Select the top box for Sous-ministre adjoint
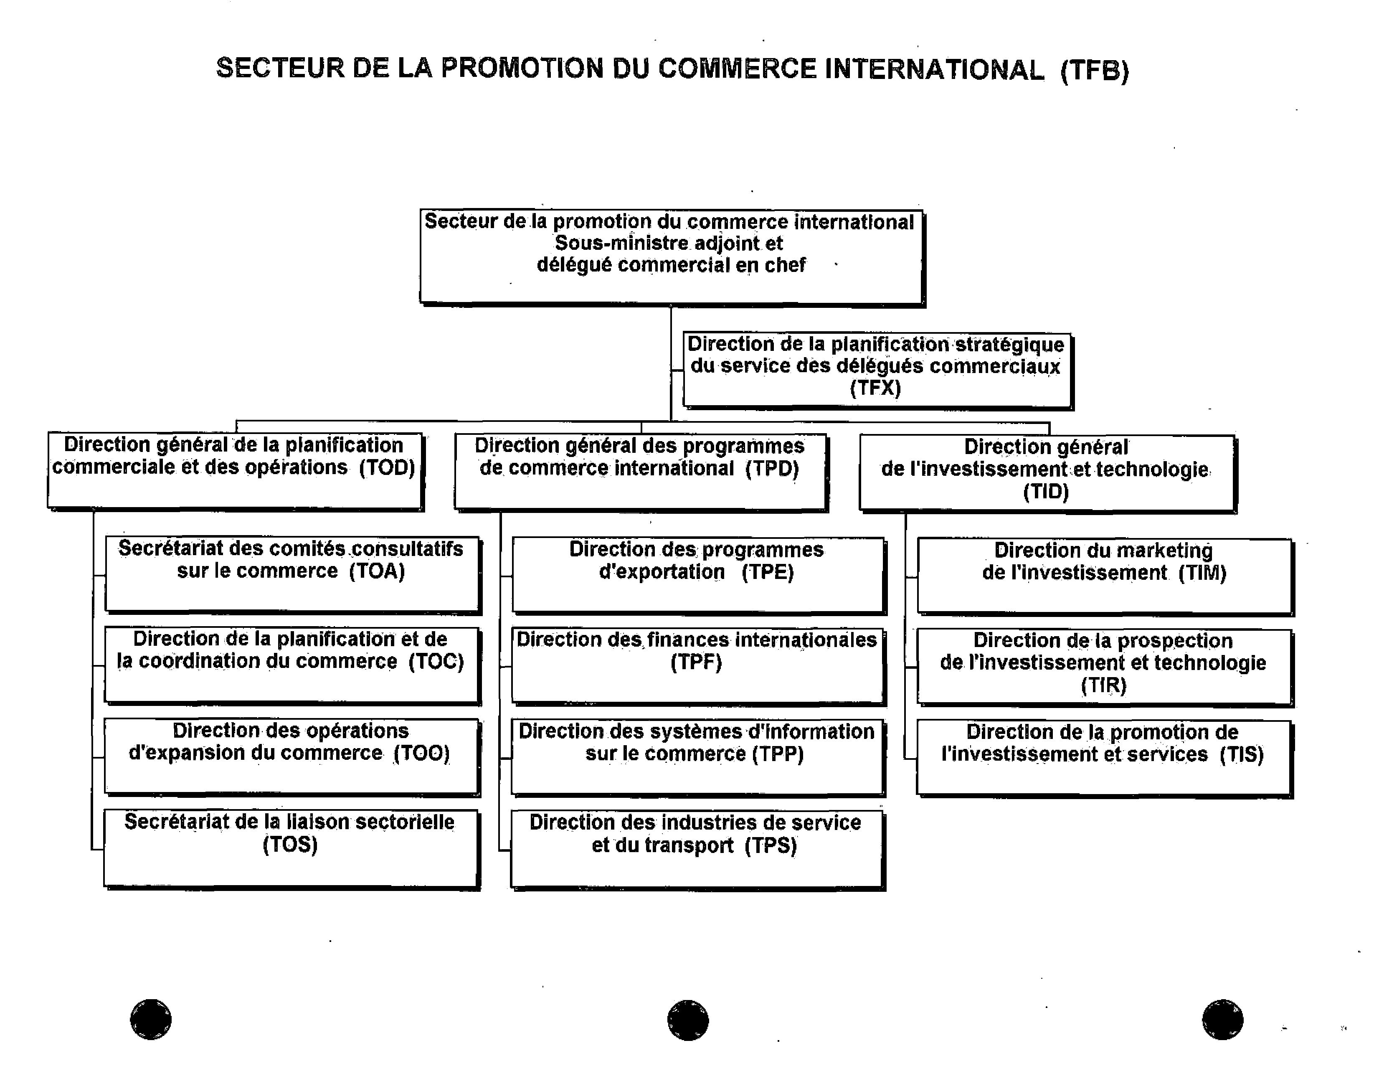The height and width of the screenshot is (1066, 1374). [x=671, y=257]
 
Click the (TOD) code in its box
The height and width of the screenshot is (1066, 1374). [x=387, y=467]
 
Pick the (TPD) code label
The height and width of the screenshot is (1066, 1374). [x=772, y=469]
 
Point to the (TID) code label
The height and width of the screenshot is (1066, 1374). [x=1046, y=492]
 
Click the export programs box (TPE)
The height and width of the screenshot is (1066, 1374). [x=698, y=574]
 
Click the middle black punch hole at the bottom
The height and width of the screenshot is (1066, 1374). [x=688, y=1020]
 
